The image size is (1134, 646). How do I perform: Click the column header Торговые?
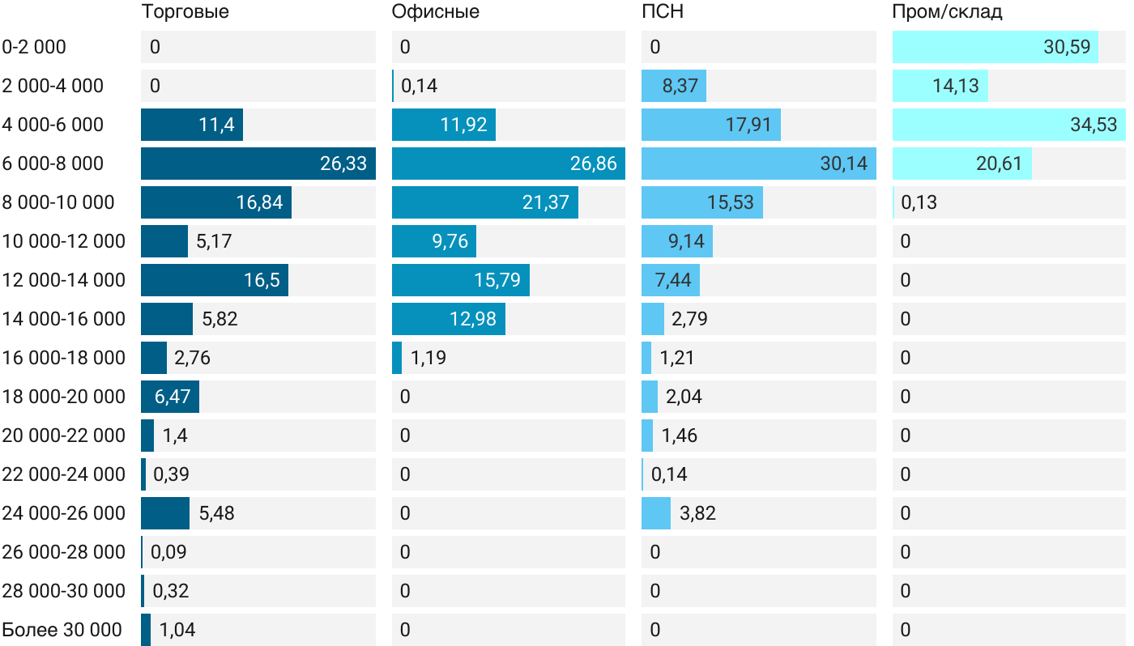(185, 12)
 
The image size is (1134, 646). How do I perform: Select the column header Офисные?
(435, 12)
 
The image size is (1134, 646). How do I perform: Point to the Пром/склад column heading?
(947, 12)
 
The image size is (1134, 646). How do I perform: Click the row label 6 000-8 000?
(53, 164)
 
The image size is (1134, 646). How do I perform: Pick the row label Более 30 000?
(62, 630)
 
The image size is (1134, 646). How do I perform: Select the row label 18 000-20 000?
(64, 397)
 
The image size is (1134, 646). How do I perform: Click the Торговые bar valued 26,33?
(258, 164)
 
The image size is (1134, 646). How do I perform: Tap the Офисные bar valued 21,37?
(484, 202)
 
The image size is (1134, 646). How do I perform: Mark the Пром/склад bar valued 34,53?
(1008, 125)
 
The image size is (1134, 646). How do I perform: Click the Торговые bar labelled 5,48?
(165, 513)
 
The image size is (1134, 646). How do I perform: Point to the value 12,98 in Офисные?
(472, 319)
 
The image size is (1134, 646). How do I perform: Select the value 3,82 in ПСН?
(698, 513)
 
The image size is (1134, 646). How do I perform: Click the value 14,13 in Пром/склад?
(956, 86)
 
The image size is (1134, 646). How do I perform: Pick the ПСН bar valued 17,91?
(710, 125)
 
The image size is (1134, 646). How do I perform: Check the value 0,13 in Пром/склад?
(919, 202)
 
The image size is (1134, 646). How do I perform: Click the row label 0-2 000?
(34, 47)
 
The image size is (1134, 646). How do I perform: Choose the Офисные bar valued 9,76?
(433, 241)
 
